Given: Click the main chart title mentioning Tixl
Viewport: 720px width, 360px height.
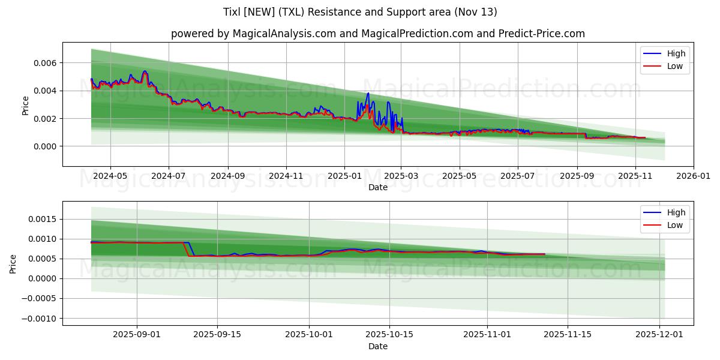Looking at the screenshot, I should [360, 12].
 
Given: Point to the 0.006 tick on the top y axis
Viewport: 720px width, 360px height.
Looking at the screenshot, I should [44, 63].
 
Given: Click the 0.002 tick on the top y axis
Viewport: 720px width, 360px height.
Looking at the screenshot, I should [44, 119].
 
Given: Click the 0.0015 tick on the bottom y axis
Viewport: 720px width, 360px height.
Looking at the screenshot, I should [41, 219].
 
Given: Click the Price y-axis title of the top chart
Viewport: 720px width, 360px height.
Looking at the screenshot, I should [25, 106].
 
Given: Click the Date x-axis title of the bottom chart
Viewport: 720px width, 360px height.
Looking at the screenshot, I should [378, 347].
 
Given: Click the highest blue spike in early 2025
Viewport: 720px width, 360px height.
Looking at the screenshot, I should [368, 94].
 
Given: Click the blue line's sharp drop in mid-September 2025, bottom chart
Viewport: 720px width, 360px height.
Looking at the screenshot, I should [191, 249].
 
